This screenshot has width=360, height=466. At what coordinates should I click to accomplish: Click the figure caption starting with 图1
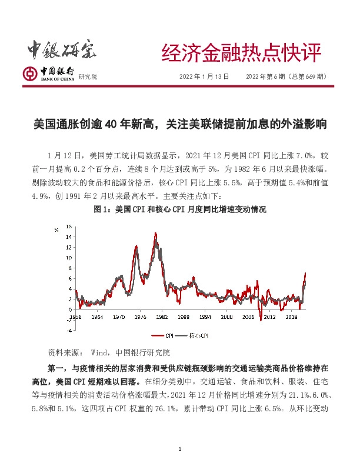(180, 209)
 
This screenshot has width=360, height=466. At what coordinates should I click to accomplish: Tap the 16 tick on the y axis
(69, 227)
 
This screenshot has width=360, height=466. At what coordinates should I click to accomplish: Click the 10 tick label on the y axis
(69, 258)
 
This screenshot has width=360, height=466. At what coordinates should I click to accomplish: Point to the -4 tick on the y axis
(69, 330)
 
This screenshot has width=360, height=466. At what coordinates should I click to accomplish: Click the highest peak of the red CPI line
(156, 234)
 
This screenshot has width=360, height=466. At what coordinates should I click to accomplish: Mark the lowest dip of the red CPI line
(261, 319)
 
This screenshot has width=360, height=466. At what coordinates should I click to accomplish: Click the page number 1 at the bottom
(180, 450)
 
